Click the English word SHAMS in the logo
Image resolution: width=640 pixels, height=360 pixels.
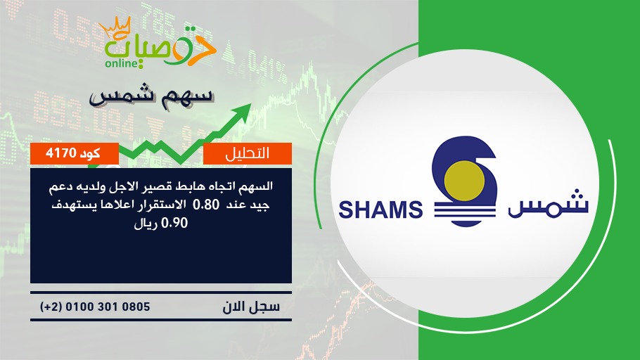tap(380, 210)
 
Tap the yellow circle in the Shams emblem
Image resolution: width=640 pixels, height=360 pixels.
tap(464, 181)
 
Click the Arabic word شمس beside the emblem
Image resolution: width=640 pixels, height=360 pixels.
tap(548, 205)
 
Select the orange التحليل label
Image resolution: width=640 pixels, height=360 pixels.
tap(248, 153)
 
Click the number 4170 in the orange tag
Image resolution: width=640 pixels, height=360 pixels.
tap(61, 153)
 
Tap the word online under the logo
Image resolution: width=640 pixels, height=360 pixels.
tap(122, 63)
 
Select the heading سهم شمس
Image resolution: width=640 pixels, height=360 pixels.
tap(151, 97)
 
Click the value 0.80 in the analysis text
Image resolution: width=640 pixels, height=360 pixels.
tap(205, 204)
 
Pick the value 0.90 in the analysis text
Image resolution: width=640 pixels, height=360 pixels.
tap(174, 223)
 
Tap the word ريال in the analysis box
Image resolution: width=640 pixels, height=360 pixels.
tap(146, 224)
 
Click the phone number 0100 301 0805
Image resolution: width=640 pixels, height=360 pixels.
tap(108, 307)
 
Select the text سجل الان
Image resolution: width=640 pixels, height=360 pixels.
tap(251, 307)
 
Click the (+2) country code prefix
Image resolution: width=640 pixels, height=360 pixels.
tap(51, 307)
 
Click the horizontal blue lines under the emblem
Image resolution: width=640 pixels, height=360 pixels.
tap(464, 212)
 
